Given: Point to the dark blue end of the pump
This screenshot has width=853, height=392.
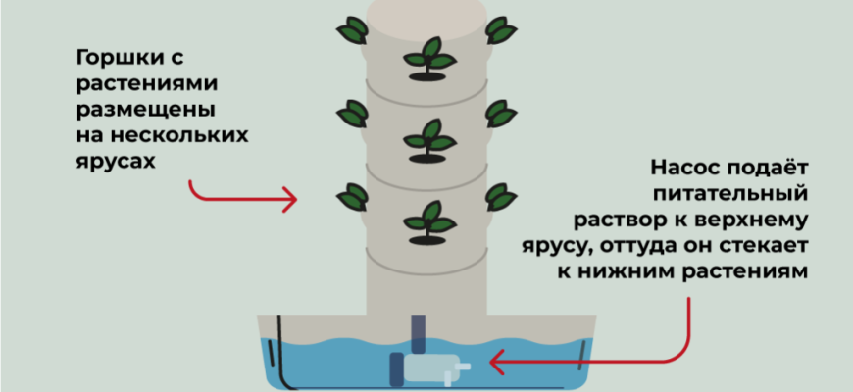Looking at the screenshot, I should [396, 367].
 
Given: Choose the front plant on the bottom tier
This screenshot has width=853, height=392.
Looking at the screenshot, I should [427, 220].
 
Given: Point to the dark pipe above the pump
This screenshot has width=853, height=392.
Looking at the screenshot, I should [419, 332].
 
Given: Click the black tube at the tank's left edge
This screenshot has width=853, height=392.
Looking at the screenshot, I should [279, 353].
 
